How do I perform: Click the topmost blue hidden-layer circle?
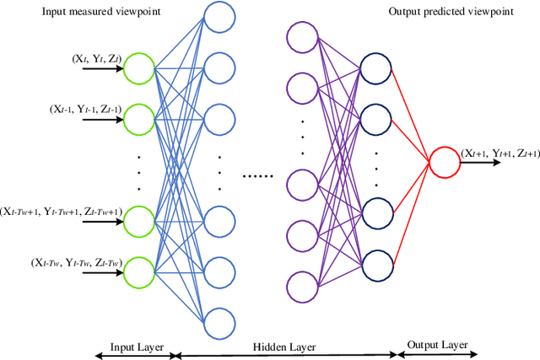pyautogui.click(x=219, y=18)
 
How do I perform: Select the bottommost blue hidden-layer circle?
pyautogui.click(x=219, y=322)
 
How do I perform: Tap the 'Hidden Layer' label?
pyautogui.click(x=285, y=347)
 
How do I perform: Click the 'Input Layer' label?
pyautogui.click(x=134, y=347)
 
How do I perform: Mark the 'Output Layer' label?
pyautogui.click(x=437, y=345)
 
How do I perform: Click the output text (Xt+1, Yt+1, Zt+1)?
pyautogui.click(x=499, y=153)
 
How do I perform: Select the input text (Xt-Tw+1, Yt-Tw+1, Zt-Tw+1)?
pyautogui.click(x=62, y=212)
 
